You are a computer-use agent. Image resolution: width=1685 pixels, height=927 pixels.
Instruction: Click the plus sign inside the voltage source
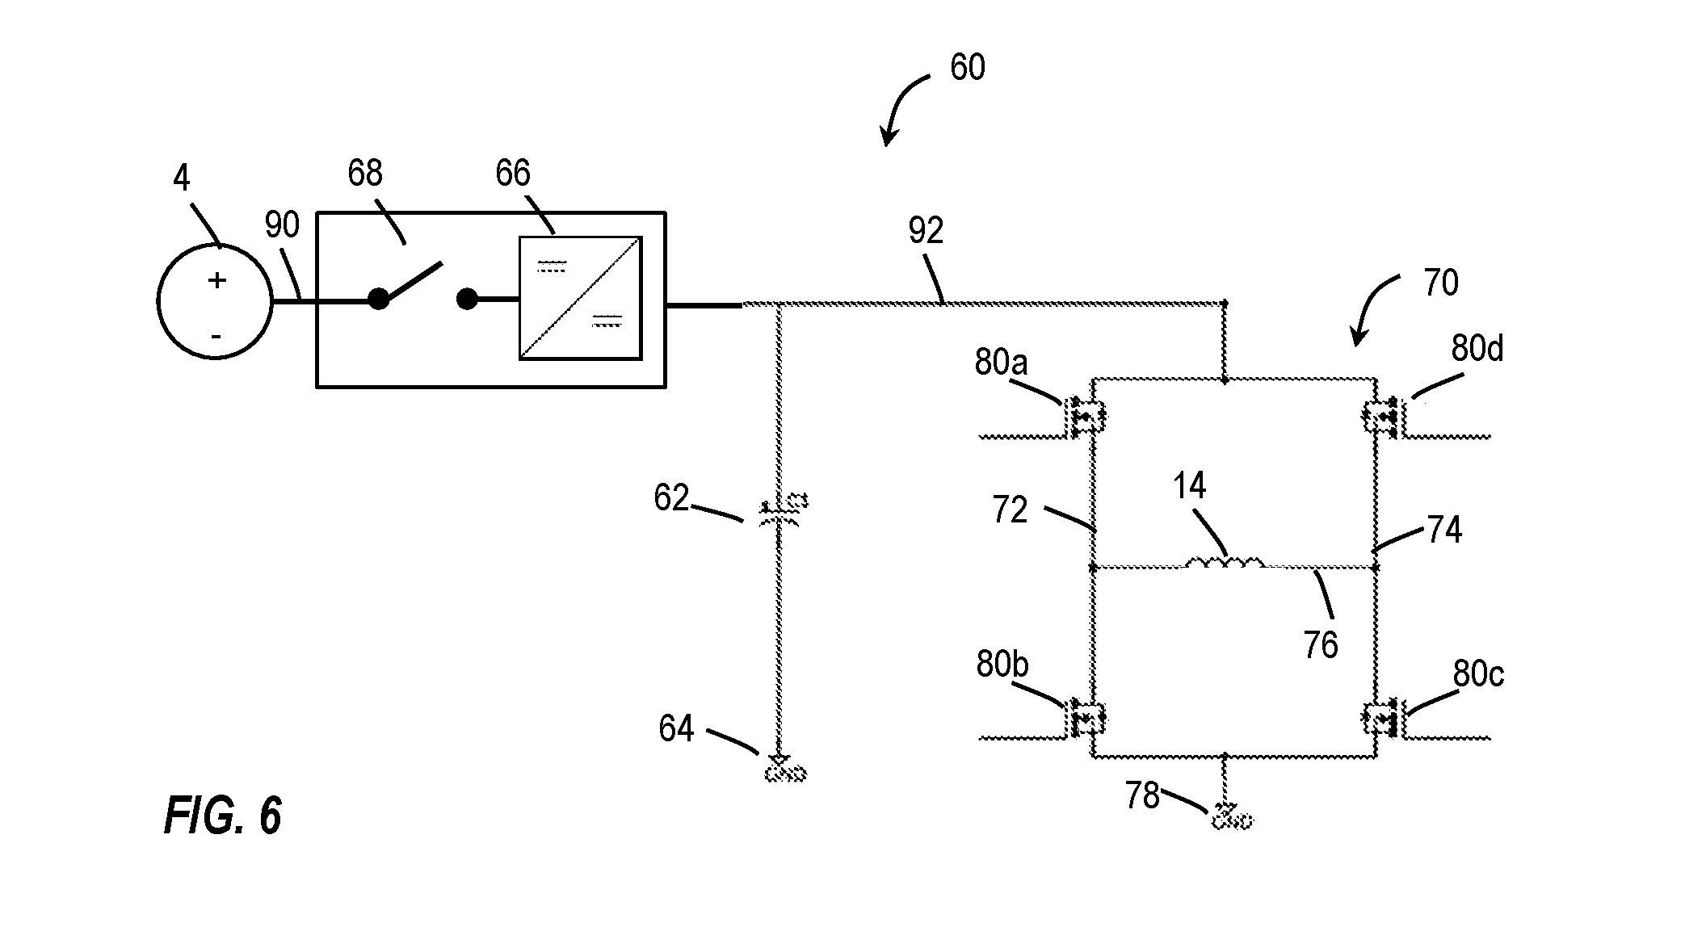216,280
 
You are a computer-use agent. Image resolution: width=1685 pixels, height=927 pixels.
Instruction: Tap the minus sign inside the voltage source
216,333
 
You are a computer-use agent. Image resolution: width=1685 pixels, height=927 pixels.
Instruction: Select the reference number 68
365,173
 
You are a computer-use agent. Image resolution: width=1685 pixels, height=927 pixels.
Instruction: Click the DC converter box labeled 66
580,298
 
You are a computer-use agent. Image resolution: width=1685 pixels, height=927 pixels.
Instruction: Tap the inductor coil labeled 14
1225,561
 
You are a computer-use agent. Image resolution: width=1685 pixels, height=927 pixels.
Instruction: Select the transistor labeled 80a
1086,417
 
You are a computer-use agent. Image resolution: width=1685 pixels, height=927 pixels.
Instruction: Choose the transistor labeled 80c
1385,719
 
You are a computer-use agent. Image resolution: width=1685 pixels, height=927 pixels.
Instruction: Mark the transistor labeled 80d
1385,417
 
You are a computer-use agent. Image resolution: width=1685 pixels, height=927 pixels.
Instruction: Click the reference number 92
925,232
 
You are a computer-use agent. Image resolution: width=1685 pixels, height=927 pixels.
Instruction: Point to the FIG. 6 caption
223,816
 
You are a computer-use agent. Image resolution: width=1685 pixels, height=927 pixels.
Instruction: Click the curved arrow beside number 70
1373,307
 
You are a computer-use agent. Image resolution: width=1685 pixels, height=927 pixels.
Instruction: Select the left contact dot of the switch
378,300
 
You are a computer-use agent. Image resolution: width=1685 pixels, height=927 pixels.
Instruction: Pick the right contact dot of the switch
466,300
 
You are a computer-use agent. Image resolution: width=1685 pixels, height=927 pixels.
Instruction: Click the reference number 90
282,225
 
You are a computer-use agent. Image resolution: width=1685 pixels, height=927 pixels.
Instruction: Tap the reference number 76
1321,644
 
